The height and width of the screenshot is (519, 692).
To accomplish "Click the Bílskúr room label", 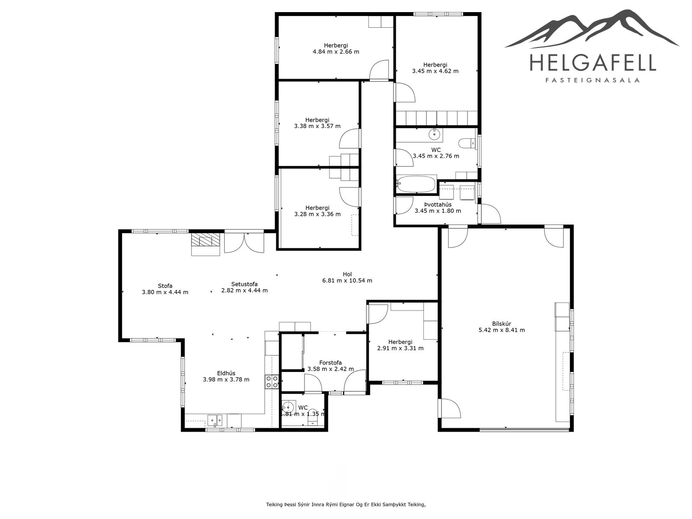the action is [x=501, y=324].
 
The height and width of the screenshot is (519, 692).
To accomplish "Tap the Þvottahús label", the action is [x=438, y=205].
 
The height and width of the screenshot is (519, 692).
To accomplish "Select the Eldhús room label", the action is [x=226, y=373].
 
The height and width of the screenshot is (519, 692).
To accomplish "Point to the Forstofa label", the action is [x=330, y=363].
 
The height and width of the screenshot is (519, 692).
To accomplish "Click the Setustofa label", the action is [x=244, y=284].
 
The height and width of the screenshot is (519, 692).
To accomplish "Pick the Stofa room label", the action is [x=165, y=286].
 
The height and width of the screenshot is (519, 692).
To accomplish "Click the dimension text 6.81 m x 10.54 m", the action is [x=347, y=280].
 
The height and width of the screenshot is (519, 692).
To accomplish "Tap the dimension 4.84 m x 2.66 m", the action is [x=336, y=51].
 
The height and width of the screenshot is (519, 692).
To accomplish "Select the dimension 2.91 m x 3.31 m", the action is [x=400, y=348].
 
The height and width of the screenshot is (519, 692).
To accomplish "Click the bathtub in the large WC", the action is [x=416, y=184].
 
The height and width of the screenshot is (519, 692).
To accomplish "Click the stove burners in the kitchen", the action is [x=272, y=381].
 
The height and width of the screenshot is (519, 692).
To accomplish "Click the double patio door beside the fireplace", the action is [x=244, y=242].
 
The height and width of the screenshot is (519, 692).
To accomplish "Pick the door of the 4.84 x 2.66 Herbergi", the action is [x=379, y=70].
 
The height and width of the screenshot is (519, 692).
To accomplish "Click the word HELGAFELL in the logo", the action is [x=593, y=62].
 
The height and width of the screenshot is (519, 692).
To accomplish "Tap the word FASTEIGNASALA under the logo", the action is [x=593, y=80].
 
